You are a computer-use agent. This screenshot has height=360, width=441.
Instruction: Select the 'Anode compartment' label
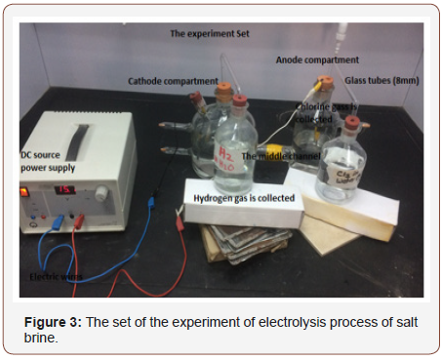click(x=316, y=60)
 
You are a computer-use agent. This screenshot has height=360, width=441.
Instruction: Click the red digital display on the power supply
click(x=65, y=189)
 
